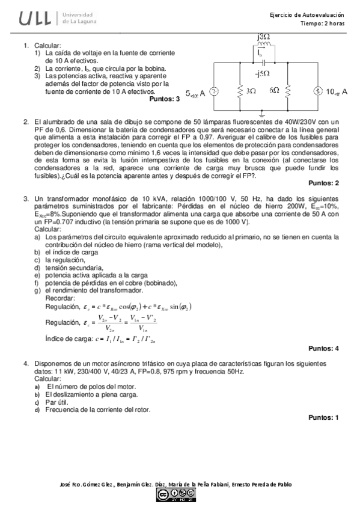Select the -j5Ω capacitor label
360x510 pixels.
(263, 74)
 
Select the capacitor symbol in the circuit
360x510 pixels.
(263, 62)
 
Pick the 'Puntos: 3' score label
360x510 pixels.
(164, 99)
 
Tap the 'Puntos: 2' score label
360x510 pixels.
(323, 183)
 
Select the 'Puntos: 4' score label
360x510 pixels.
(323, 348)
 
